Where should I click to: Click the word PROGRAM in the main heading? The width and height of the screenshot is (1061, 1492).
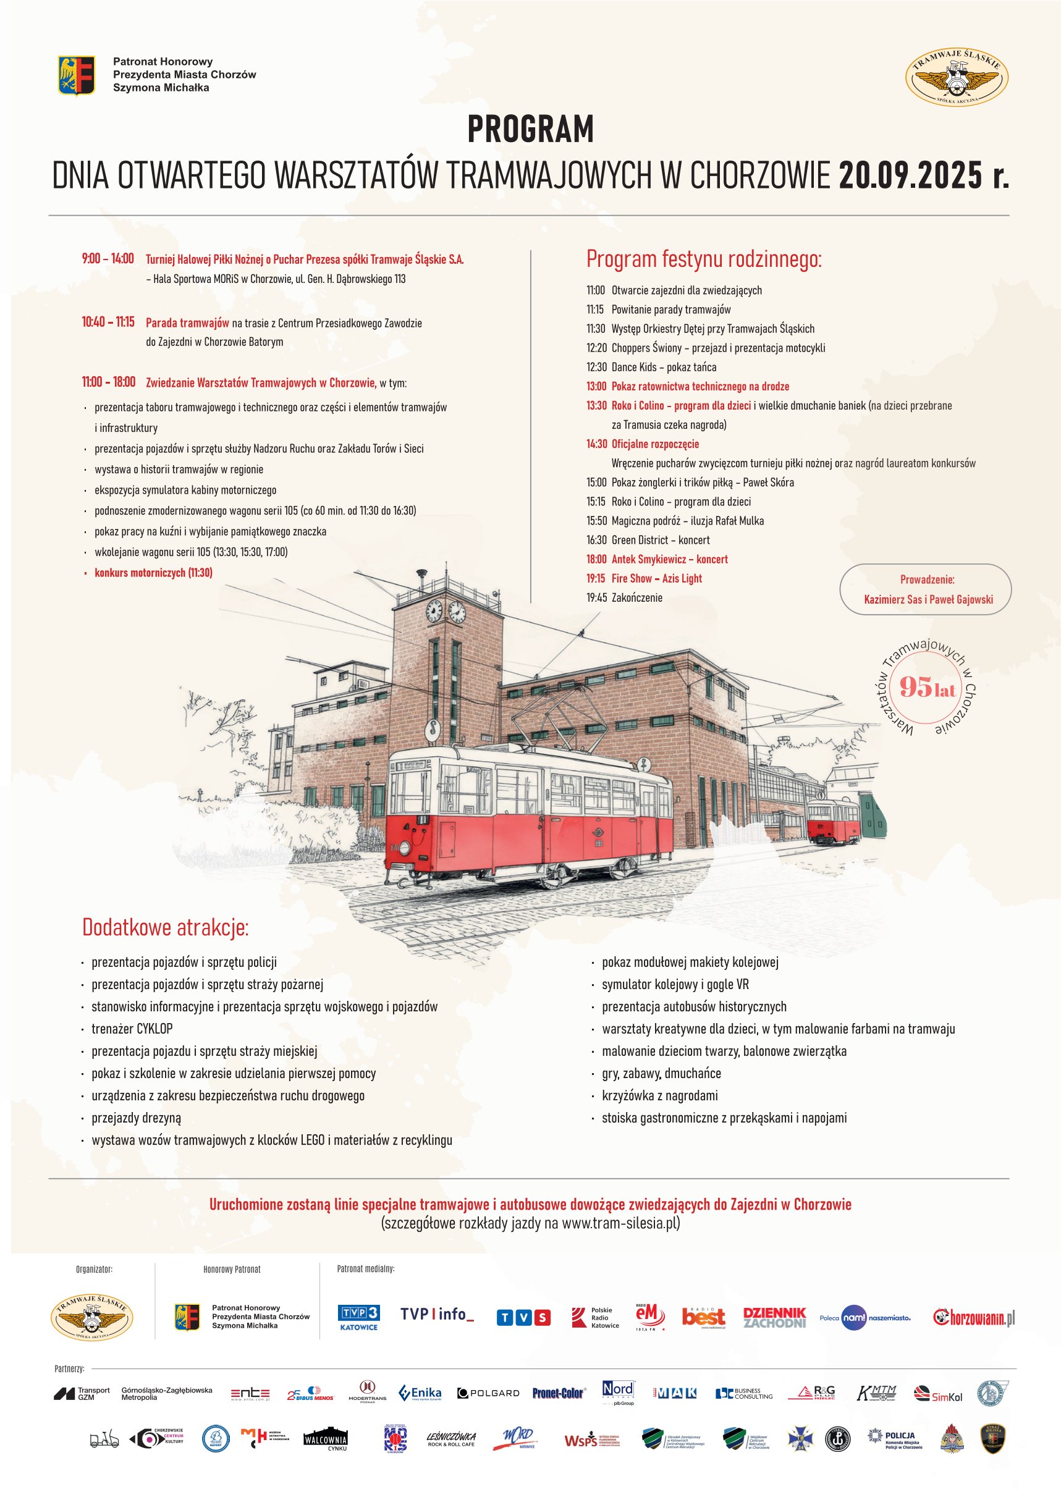pyautogui.click(x=530, y=129)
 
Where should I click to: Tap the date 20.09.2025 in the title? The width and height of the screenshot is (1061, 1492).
pyautogui.click(x=910, y=175)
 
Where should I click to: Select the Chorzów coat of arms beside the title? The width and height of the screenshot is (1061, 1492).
pyautogui.click(x=77, y=75)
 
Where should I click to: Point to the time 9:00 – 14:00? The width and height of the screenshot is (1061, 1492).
pyautogui.click(x=108, y=259)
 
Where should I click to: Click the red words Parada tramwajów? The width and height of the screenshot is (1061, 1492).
pyautogui.click(x=187, y=322)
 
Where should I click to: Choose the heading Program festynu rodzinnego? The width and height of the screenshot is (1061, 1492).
pyautogui.click(x=704, y=259)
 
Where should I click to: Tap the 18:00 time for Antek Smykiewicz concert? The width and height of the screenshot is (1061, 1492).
pyautogui.click(x=596, y=559)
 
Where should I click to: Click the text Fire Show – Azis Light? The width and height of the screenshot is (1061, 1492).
pyautogui.click(x=657, y=578)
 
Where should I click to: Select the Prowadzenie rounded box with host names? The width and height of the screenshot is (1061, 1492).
pyautogui.click(x=925, y=589)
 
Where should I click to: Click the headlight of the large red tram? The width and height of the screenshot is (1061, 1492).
pyautogui.click(x=404, y=848)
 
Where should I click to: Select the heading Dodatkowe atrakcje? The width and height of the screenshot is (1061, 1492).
pyautogui.click(x=165, y=927)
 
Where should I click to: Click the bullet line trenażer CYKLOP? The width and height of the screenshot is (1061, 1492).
pyautogui.click(x=132, y=1029)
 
